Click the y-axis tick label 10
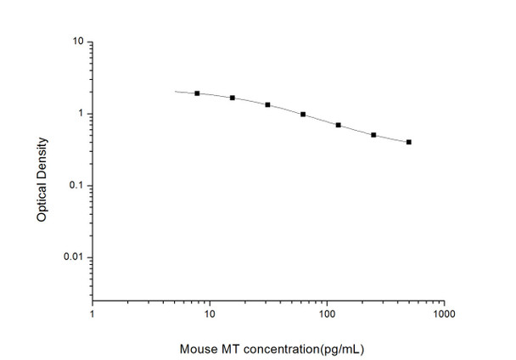coord(77,41)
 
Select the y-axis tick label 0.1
coord(76,186)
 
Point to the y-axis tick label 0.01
coord(74,257)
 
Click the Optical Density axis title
coord(42,173)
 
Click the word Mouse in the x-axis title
coord(198,348)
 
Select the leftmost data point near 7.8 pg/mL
coord(197,93)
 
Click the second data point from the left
coord(233,98)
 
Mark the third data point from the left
coord(267,104)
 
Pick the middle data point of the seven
coord(303,114)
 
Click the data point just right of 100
coord(338,125)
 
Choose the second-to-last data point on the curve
coord(373,135)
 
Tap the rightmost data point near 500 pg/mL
coord(408,142)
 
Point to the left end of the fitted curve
coord(175,91)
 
